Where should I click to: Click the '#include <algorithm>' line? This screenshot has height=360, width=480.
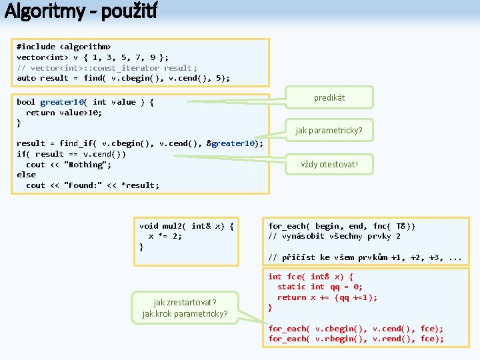pos(63,47)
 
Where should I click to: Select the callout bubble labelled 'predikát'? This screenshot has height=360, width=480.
pos(329,98)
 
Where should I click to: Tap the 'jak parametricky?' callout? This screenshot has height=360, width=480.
pos(329,131)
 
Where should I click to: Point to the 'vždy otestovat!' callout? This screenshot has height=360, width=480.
pos(329,165)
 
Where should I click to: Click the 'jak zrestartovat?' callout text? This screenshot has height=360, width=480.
pos(185,301)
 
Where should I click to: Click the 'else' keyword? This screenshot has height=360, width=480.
pos(26,175)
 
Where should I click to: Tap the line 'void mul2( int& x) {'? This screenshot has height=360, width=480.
pos(186,226)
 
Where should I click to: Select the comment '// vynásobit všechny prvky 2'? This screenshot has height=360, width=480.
pos(334,236)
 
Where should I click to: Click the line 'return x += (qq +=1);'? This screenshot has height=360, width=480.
pos(327,297)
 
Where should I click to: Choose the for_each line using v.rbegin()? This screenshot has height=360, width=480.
pos(355,339)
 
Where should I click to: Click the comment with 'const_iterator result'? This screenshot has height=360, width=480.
pos(107,67)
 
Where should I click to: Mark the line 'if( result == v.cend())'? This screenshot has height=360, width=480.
pos(71,154)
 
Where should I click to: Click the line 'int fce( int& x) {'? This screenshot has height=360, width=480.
pos(310,277)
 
